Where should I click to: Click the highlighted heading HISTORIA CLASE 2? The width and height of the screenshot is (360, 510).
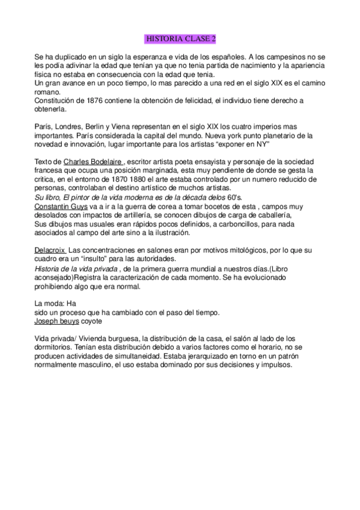(x=180, y=39)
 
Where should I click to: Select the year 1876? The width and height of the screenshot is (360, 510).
(x=91, y=100)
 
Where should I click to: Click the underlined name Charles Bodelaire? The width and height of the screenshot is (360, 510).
(x=93, y=162)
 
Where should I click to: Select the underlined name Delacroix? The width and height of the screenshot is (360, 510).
(x=49, y=249)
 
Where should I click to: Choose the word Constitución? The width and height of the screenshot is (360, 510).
(x=54, y=100)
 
